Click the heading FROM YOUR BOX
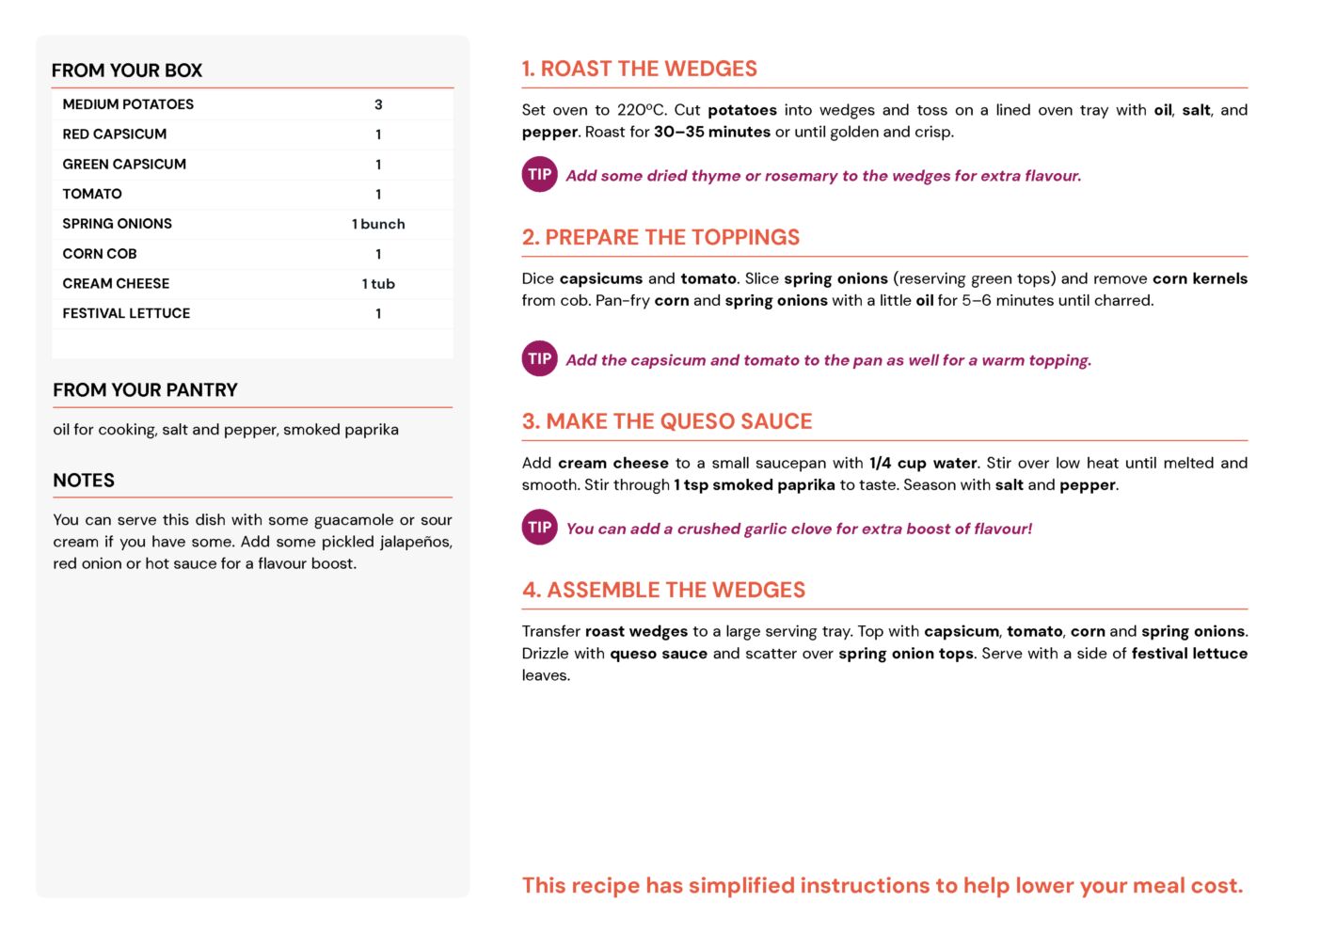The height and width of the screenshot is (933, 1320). point(127,71)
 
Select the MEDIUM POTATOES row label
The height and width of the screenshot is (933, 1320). point(128,104)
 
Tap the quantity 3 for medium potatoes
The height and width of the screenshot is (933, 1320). point(378,104)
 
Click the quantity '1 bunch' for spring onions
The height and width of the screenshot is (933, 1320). point(378,224)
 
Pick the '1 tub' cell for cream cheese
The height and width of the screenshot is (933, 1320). point(378,284)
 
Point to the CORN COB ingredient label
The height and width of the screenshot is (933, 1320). point(100,254)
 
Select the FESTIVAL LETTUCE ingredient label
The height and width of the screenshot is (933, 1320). point(126,313)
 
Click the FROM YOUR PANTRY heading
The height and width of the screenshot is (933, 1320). point(145,390)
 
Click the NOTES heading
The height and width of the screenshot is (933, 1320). point(84,481)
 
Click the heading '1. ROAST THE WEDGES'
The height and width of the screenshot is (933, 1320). point(640,69)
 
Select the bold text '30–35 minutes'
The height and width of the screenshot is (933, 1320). point(712,133)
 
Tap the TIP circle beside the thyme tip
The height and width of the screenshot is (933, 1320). point(540,175)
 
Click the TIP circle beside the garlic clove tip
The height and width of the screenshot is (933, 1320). point(540,528)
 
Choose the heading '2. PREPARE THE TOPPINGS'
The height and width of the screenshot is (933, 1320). point(660,237)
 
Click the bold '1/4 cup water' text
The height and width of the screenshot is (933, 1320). point(924,464)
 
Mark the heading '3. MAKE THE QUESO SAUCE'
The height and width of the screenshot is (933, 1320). point(667,421)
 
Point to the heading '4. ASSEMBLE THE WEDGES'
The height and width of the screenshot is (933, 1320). point(664,590)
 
